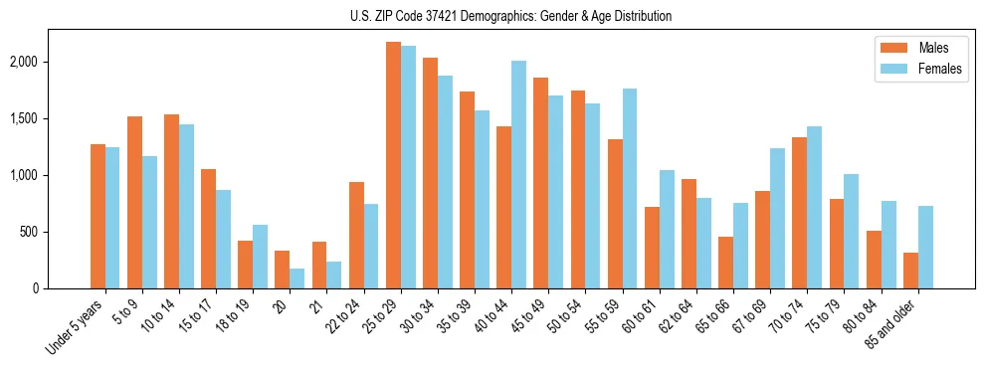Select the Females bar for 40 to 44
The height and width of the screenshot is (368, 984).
518,175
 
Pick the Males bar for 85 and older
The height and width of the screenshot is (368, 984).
910,271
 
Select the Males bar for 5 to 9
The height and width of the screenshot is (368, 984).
134,203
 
